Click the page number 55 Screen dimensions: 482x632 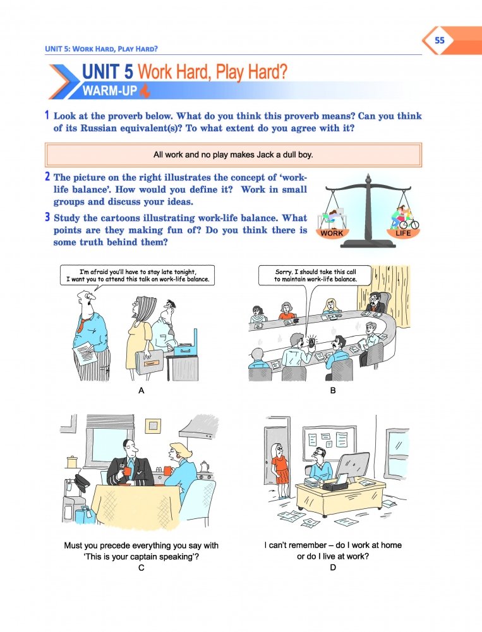coord(439,40)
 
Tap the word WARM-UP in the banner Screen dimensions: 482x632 coord(110,91)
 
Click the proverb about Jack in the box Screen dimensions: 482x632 coord(233,155)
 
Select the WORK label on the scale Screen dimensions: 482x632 coord(332,234)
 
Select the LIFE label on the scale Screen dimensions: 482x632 coord(402,234)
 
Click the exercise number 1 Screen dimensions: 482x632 coord(47,116)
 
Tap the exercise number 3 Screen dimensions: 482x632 coord(47,217)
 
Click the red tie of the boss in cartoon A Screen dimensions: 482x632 coord(81,324)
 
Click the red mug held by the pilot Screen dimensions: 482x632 coord(128,471)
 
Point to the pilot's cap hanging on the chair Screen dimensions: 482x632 coord(80,482)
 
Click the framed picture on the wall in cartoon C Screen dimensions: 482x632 coord(153,426)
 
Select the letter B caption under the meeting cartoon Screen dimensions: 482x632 coord(333,390)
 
